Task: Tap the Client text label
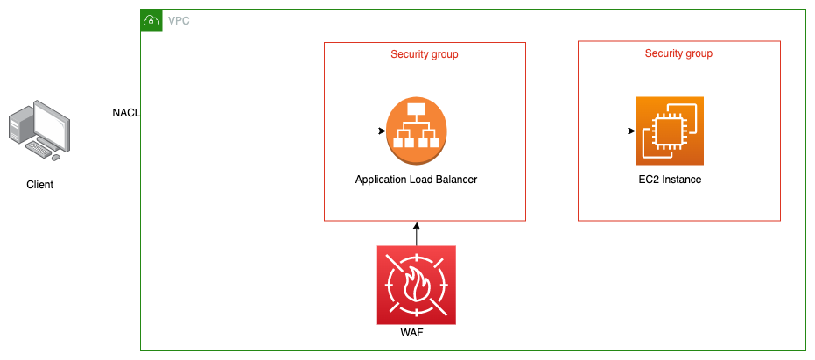(40, 185)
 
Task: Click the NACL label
(126, 113)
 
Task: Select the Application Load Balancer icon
(416, 131)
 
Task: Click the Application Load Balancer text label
(416, 180)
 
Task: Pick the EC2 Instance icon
(670, 131)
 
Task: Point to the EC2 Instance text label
(670, 180)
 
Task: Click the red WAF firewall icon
(416, 285)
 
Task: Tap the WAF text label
(416, 334)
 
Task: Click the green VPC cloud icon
(151, 19)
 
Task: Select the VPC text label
(179, 19)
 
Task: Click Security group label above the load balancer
(425, 54)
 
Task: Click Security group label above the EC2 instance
(678, 53)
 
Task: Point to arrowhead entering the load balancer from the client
(381, 131)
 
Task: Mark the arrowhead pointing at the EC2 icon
(630, 131)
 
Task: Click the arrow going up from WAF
(417, 233)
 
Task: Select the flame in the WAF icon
(416, 286)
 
